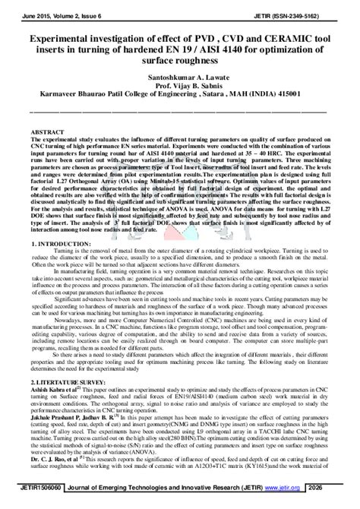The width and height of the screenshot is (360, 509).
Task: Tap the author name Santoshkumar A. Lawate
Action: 180,77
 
